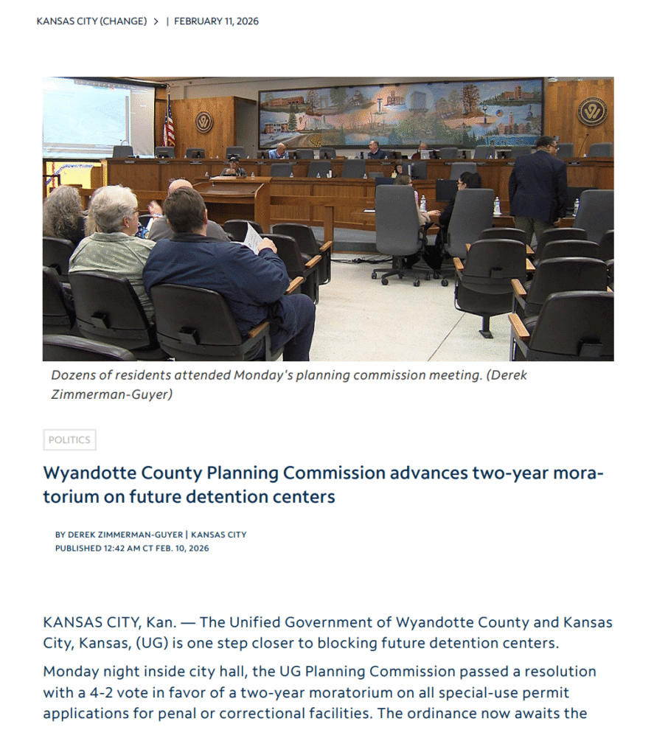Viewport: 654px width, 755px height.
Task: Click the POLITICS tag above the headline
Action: (69, 440)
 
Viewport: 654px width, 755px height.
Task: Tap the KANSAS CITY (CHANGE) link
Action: (91, 21)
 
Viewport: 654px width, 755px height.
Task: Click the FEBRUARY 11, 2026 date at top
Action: (216, 21)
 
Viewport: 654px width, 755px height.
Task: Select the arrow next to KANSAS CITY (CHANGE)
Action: (156, 21)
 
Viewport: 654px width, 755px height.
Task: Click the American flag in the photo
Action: (169, 122)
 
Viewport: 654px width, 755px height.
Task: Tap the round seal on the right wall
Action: (591, 111)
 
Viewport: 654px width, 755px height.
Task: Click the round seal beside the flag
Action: (203, 121)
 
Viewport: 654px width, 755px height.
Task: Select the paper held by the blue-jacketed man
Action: (253, 238)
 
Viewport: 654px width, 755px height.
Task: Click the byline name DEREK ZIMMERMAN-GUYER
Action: (125, 535)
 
